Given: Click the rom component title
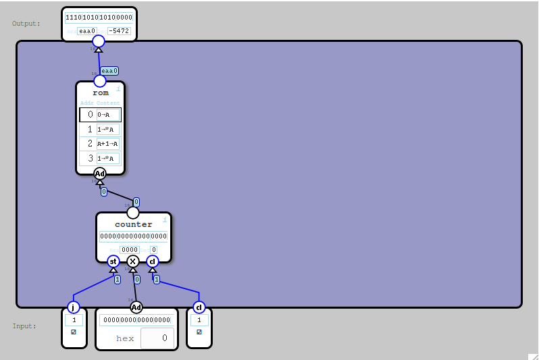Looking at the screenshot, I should click(x=100, y=93).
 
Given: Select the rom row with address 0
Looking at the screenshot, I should click(x=100, y=115).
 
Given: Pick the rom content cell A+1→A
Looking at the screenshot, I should click(x=108, y=143).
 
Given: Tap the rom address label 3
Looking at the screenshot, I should click(x=91, y=159).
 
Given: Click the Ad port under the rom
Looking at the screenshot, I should click(x=100, y=174).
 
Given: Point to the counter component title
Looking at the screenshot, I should click(x=133, y=224).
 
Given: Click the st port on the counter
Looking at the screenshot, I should click(x=113, y=261).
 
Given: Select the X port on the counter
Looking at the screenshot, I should click(x=133, y=261).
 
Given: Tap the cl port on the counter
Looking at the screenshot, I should click(x=153, y=261).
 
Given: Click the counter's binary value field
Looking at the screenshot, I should click(x=133, y=236).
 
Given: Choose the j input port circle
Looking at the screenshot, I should click(x=74, y=307).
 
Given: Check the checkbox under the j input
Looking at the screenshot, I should click(x=74, y=332).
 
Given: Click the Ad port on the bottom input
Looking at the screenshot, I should click(x=136, y=307).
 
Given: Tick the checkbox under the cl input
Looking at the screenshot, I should click(x=199, y=332).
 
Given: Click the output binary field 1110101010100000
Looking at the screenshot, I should click(x=99, y=18).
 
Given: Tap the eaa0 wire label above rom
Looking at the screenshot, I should click(x=109, y=70).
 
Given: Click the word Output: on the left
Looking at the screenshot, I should click(x=26, y=24).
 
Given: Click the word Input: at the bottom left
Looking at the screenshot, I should click(x=24, y=326).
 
